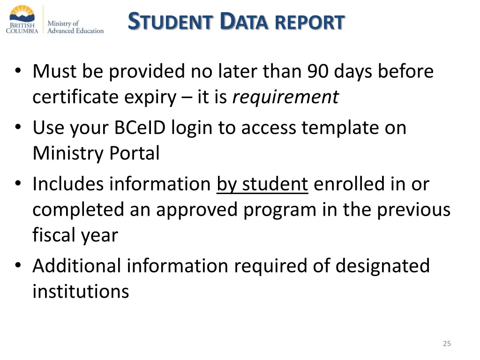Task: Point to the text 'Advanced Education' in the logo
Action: point(75,31)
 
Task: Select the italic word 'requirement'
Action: point(285,97)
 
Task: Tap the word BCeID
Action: point(140,128)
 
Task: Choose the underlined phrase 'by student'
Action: point(262,184)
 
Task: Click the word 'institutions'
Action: point(81,291)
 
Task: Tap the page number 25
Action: point(447,344)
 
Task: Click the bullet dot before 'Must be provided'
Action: point(18,72)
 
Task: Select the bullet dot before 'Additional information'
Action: point(18,266)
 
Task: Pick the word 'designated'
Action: point(382,266)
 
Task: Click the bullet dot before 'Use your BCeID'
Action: point(18,128)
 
